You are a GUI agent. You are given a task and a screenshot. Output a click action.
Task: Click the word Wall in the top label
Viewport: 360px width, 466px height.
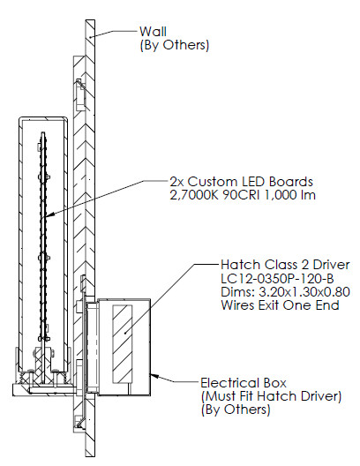tap(153, 32)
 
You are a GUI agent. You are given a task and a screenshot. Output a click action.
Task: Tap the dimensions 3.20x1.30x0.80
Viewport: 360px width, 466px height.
tap(304, 292)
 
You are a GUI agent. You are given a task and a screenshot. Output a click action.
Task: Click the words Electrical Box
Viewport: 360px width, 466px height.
tap(244, 383)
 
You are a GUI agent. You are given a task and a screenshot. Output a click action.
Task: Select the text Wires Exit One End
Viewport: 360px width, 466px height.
tap(280, 305)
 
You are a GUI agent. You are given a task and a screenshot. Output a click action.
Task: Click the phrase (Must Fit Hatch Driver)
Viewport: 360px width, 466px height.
tap(271, 396)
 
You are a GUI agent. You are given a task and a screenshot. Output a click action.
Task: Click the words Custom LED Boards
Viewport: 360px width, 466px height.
tap(250, 182)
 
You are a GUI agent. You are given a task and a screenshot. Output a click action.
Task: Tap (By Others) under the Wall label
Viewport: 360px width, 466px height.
tap(175, 45)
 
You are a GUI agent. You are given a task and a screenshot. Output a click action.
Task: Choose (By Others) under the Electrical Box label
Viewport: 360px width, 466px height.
tap(236, 410)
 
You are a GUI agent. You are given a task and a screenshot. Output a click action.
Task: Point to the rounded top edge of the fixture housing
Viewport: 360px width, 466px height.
tap(43, 118)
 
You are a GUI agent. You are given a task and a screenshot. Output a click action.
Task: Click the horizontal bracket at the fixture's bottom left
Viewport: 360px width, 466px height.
tap(44, 389)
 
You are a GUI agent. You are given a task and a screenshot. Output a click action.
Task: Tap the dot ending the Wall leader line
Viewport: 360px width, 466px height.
tap(91, 37)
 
